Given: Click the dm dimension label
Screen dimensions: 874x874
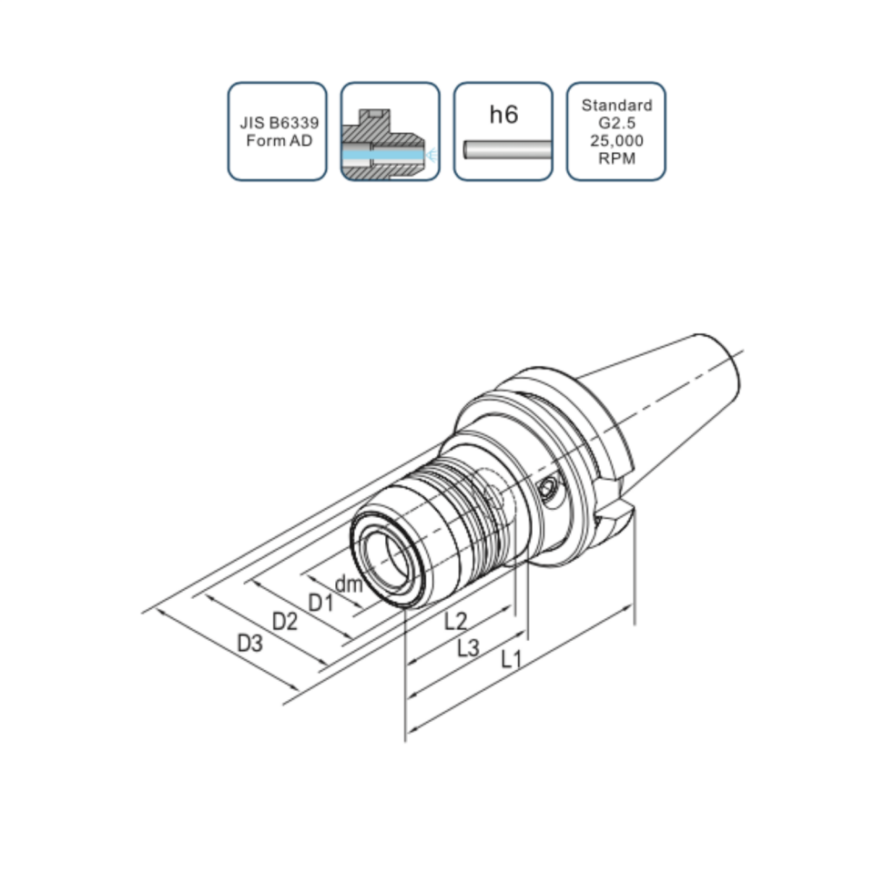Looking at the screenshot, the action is coord(349,584).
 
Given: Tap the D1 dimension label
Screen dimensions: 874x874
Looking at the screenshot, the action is coord(320,603).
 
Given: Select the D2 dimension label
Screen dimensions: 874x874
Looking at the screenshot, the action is coord(284,621).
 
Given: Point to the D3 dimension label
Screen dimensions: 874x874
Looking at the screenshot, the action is coord(249,644).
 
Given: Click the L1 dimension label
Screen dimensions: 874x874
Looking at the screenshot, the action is coord(511,659).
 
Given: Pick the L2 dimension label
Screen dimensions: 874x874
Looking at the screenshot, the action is coord(455,621).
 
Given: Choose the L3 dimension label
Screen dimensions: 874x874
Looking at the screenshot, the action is coord(468,647).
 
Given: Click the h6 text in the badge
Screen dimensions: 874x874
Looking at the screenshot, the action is coord(503,115).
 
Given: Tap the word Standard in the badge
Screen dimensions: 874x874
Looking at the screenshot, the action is coord(616,105).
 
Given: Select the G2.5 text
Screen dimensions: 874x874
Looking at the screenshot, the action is coord(616,123).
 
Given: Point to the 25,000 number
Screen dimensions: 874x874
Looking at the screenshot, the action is coord(616,140).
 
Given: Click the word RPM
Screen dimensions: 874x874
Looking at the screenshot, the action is coord(616,158).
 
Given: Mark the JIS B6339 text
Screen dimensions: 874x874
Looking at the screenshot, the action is coord(279,123).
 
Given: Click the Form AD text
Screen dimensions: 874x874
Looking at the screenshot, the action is coord(279,140).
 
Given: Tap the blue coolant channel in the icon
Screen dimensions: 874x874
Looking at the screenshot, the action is coord(383,155).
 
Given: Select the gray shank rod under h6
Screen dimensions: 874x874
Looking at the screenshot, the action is coord(508,149).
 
